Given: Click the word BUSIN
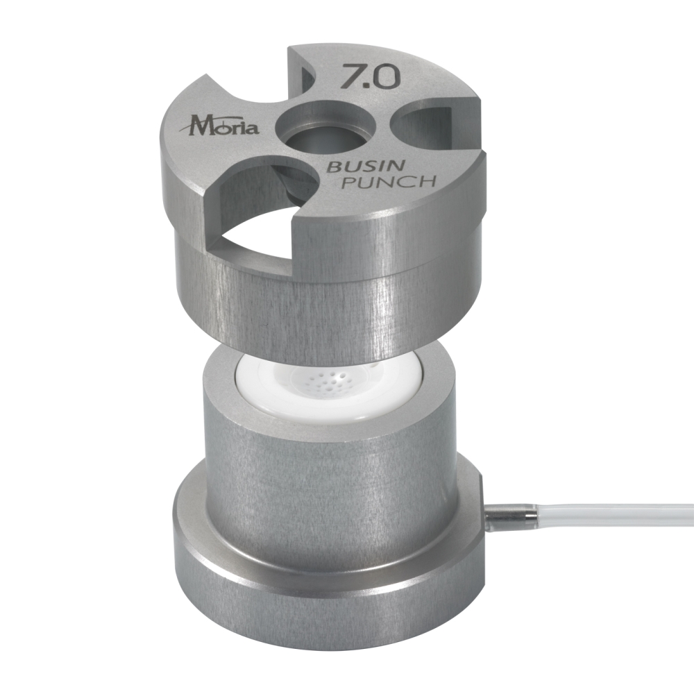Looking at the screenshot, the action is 365,167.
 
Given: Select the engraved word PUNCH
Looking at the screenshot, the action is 390,181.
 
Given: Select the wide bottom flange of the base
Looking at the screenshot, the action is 328,620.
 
